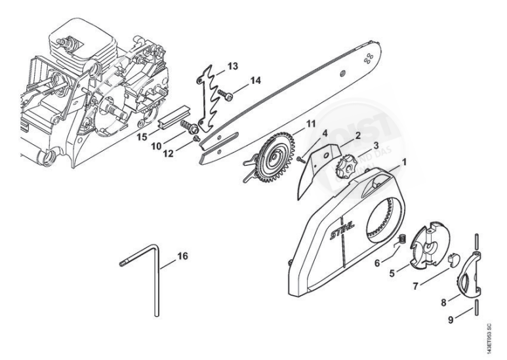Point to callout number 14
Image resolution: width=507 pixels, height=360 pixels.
[254, 81]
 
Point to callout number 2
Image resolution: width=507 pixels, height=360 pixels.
[357, 136]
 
